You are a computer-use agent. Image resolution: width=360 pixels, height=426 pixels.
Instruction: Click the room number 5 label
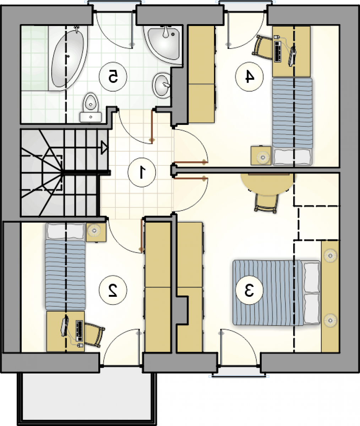click(113, 77)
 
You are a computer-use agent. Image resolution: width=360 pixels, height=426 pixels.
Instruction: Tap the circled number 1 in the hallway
click(142, 172)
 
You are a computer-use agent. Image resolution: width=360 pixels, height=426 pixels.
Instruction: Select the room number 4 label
click(249, 77)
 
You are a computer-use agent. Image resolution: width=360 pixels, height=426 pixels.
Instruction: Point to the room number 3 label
click(249, 290)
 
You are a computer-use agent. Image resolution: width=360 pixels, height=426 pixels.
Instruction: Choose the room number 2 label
click(113, 290)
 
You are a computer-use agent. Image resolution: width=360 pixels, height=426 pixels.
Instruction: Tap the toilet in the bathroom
click(91, 108)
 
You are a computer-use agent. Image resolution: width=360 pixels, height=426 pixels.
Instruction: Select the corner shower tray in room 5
click(164, 44)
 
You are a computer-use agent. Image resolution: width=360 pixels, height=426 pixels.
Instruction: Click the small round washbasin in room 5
click(162, 86)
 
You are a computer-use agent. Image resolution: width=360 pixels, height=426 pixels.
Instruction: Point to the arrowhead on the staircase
click(104, 148)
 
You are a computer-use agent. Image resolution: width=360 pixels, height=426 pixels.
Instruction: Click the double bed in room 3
click(276, 293)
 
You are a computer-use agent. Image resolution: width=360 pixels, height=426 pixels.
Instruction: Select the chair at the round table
click(266, 203)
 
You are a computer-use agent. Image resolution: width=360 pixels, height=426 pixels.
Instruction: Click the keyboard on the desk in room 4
click(278, 51)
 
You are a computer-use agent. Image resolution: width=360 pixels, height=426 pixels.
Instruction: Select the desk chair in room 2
click(94, 335)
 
